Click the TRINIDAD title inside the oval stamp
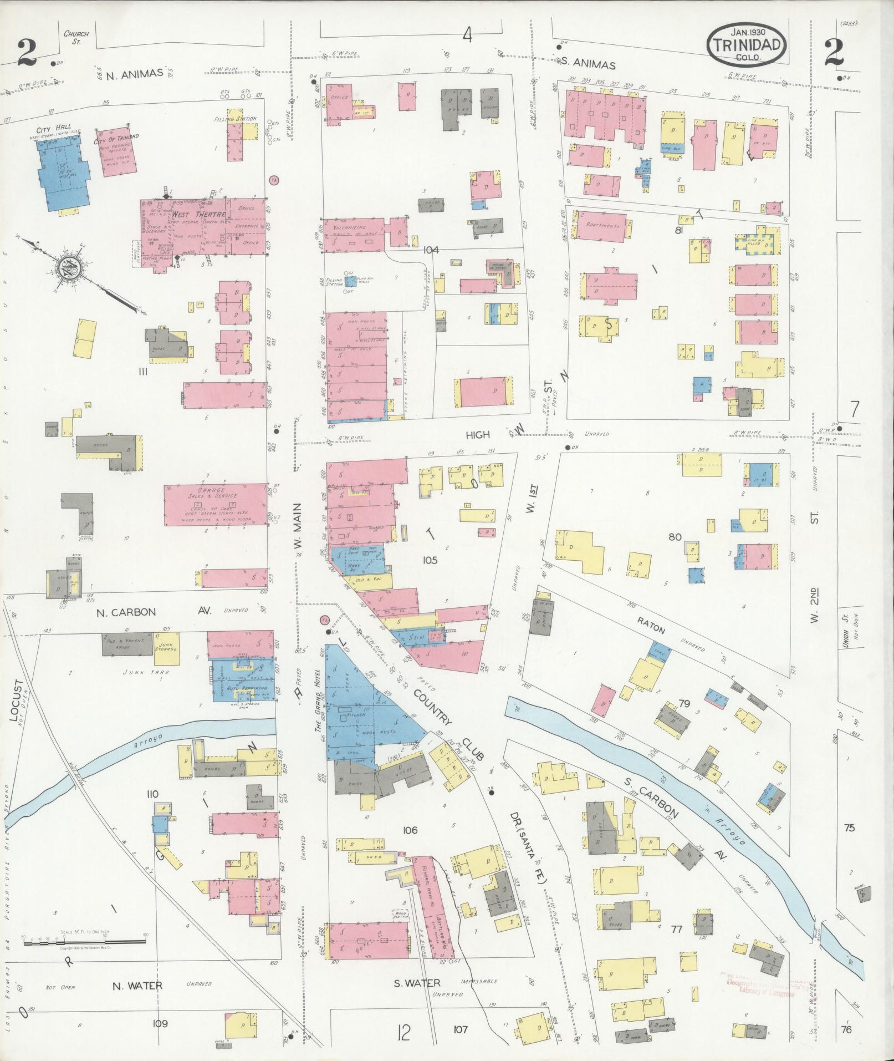(747, 45)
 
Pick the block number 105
(430, 560)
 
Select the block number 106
(410, 830)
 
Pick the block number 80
(675, 537)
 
